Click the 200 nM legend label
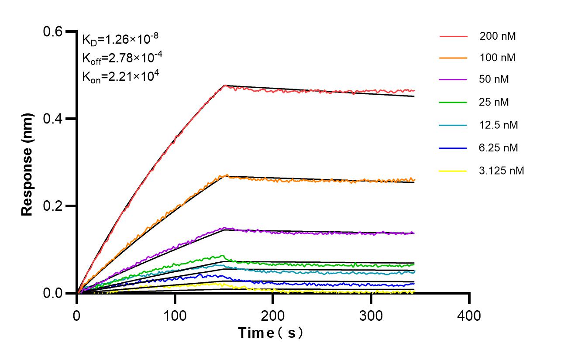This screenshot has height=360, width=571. (x=498, y=36)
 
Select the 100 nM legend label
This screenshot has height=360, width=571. (x=498, y=58)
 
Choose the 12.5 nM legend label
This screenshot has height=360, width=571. (x=499, y=125)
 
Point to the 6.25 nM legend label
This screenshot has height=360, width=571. (x=499, y=148)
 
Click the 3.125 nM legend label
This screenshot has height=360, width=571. (x=501, y=171)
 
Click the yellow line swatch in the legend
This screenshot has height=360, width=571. (x=453, y=171)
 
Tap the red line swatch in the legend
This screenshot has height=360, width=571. (x=453, y=36)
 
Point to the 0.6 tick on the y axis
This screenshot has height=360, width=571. (x=53, y=31)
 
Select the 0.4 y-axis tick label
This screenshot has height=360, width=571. (x=53, y=119)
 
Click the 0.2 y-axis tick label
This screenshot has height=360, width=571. (x=53, y=206)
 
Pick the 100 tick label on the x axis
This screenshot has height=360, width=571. (x=175, y=315)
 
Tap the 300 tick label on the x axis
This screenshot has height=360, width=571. (x=371, y=315)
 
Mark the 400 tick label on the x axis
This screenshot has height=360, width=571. (x=469, y=315)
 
